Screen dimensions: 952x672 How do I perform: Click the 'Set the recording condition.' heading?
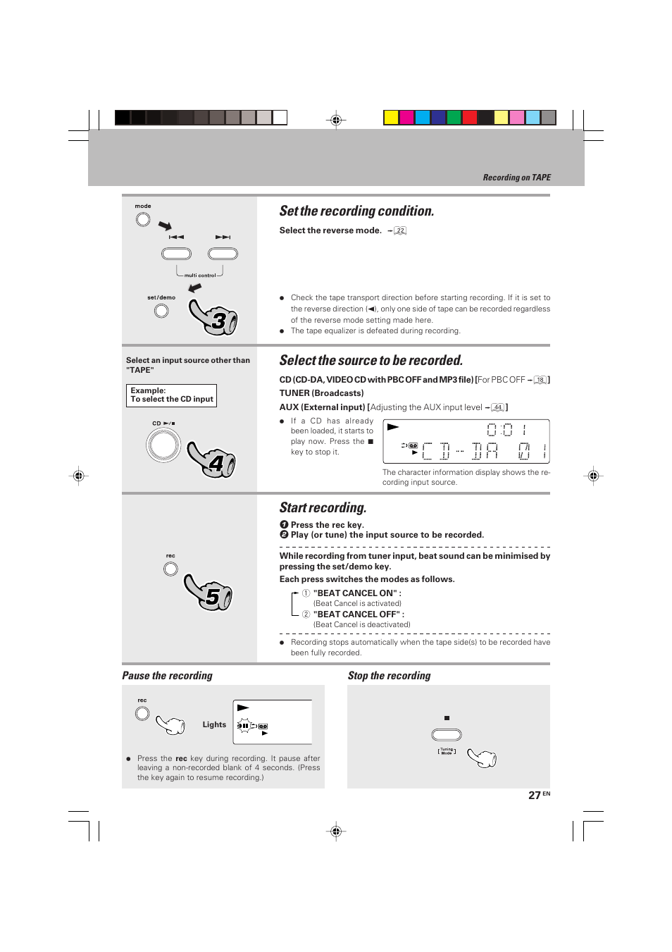(x=356, y=211)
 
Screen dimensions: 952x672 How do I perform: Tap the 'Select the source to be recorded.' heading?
(x=371, y=361)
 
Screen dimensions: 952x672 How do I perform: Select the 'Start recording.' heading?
(x=323, y=508)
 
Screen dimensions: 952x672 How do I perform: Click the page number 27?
(x=535, y=796)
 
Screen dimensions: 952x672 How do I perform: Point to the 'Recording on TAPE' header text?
(x=516, y=178)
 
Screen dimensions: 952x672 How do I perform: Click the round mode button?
(x=143, y=220)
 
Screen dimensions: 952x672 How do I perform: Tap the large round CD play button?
(x=163, y=445)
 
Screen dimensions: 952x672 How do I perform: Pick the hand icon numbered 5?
(x=209, y=593)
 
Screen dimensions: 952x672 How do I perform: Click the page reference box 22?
(x=400, y=230)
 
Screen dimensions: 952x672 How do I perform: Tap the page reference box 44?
(x=498, y=407)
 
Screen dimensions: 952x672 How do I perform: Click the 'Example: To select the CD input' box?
(x=172, y=395)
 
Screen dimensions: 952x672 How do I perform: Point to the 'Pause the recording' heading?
(x=167, y=676)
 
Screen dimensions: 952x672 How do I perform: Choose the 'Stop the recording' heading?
(x=389, y=676)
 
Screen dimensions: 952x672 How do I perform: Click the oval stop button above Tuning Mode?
(x=447, y=735)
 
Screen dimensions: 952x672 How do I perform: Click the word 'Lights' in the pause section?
(x=214, y=724)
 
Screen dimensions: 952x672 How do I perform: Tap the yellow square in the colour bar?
(x=391, y=118)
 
